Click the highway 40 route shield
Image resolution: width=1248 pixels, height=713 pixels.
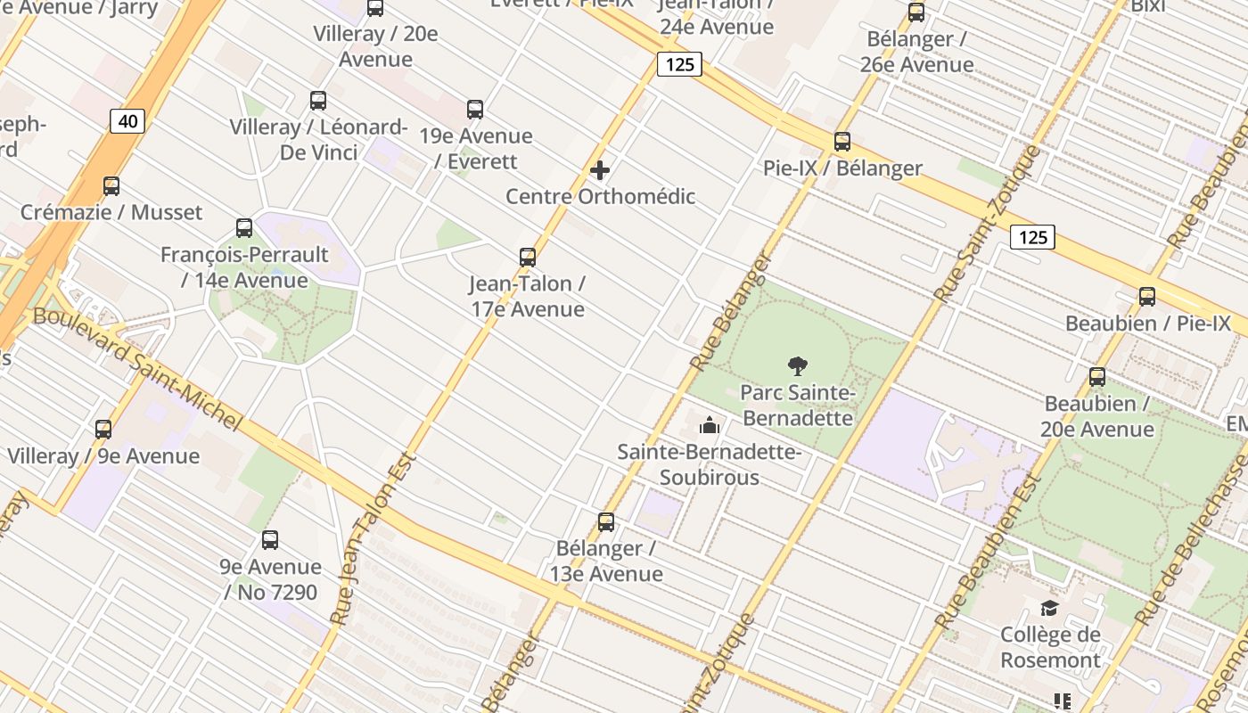point(127,121)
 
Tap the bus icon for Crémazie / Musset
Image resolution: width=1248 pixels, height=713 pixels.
point(111,186)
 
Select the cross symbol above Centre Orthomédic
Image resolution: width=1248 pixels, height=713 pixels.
point(600,169)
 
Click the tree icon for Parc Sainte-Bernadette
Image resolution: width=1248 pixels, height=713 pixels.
point(798,365)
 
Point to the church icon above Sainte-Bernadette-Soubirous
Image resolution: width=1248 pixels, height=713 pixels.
point(710,425)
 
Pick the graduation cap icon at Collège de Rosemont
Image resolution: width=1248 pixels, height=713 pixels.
point(1050,608)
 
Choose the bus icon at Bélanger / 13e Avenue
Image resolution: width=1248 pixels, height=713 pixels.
point(606,521)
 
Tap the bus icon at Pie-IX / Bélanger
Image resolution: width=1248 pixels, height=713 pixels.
point(842,142)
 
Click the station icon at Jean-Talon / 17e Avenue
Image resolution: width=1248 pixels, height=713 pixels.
point(528,258)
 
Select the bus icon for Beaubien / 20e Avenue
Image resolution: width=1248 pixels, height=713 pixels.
point(1097,377)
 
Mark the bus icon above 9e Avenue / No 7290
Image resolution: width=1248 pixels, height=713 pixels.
point(270,540)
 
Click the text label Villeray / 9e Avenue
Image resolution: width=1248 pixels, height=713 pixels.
point(103,456)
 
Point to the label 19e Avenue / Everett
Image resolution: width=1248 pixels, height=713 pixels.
point(476,149)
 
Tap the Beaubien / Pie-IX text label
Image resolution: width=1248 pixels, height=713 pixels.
point(1148,324)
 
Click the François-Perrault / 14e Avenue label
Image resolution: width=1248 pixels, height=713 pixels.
point(244,267)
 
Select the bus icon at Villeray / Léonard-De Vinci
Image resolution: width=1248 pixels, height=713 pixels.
point(318,101)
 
